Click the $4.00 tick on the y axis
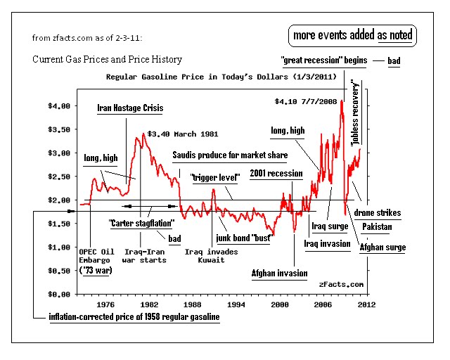[58, 106]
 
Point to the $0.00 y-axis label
[58, 294]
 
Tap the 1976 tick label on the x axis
[106, 305]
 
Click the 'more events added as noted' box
[353, 35]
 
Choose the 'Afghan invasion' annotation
[279, 273]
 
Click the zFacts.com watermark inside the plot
[341, 284]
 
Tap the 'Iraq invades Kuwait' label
[211, 255]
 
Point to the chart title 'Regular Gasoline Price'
[220, 76]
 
